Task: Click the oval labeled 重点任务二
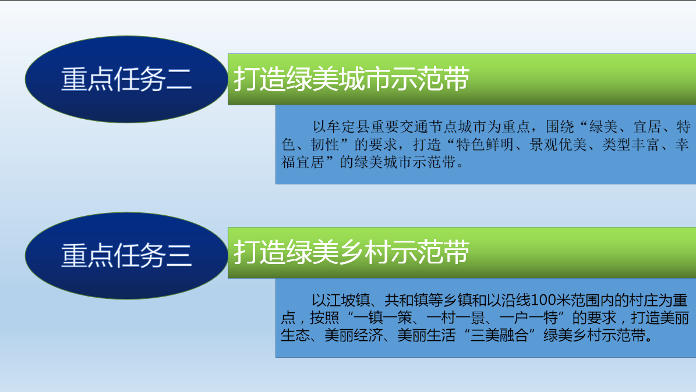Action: (x=126, y=79)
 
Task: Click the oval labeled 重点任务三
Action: (x=126, y=255)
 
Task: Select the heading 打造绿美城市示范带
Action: (x=352, y=79)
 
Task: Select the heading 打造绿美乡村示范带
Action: (x=352, y=252)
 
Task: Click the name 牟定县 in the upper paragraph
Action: (x=349, y=127)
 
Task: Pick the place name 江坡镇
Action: (x=348, y=301)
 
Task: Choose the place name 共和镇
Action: (x=406, y=301)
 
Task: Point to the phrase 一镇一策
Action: (x=383, y=318)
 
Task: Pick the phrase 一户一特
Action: (x=529, y=318)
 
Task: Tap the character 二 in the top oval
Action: (x=179, y=80)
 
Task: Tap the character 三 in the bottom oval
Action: (x=179, y=256)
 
